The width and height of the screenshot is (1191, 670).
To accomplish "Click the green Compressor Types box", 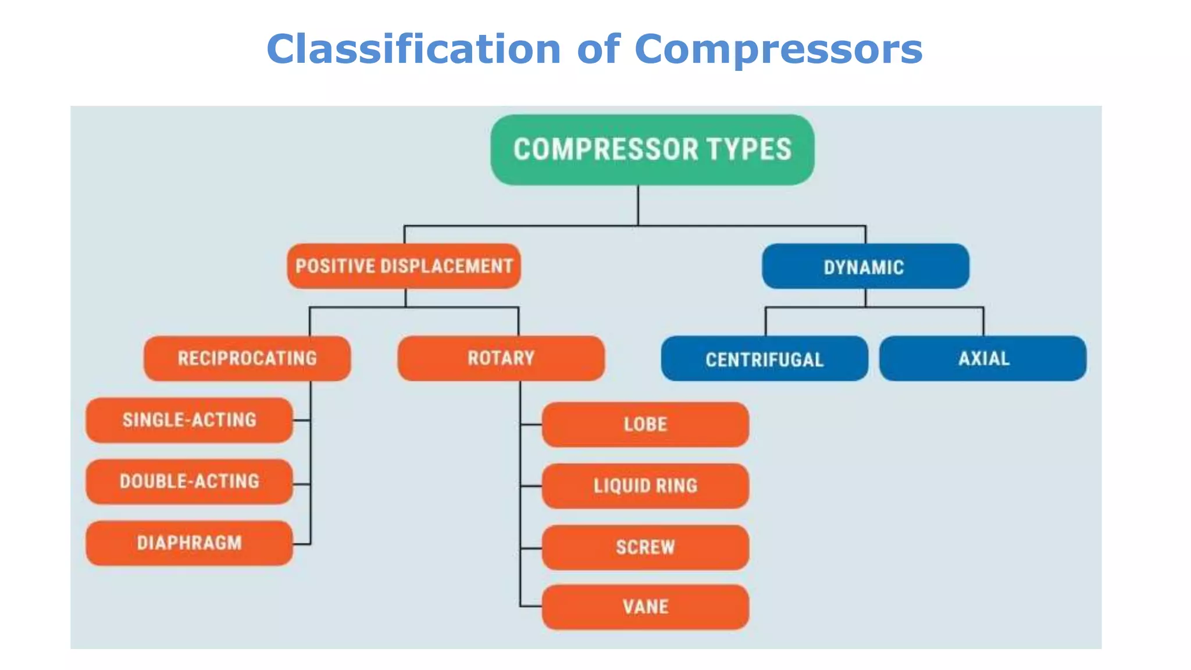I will click(652, 149).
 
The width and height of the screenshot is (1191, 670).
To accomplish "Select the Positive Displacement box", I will click(404, 266).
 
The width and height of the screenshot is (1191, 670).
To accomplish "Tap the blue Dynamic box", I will click(865, 266).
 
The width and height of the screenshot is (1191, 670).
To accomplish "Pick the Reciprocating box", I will click(247, 358).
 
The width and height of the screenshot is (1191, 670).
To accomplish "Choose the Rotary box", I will click(501, 358).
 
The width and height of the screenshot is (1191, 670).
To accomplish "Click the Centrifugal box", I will click(764, 359).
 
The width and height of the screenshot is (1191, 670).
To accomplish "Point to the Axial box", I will click(983, 358).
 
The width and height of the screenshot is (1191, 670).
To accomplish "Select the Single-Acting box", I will click(189, 420).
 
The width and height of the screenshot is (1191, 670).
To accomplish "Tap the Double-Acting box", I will click(189, 482).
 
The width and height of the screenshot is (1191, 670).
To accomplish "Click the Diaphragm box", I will click(189, 543).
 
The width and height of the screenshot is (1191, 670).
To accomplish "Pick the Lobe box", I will click(645, 425).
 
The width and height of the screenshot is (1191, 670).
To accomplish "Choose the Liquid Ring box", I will click(645, 486).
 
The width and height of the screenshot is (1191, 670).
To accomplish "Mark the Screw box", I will click(645, 547).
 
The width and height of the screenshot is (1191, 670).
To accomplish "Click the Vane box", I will click(645, 607).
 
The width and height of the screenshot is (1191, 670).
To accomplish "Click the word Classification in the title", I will click(413, 49).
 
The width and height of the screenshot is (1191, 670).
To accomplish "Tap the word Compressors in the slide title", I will click(778, 49).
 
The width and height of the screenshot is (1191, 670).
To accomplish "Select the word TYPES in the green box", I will click(749, 149).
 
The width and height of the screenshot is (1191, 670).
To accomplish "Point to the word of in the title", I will click(598, 49).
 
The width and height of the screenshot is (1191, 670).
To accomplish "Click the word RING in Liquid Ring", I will click(676, 486).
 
